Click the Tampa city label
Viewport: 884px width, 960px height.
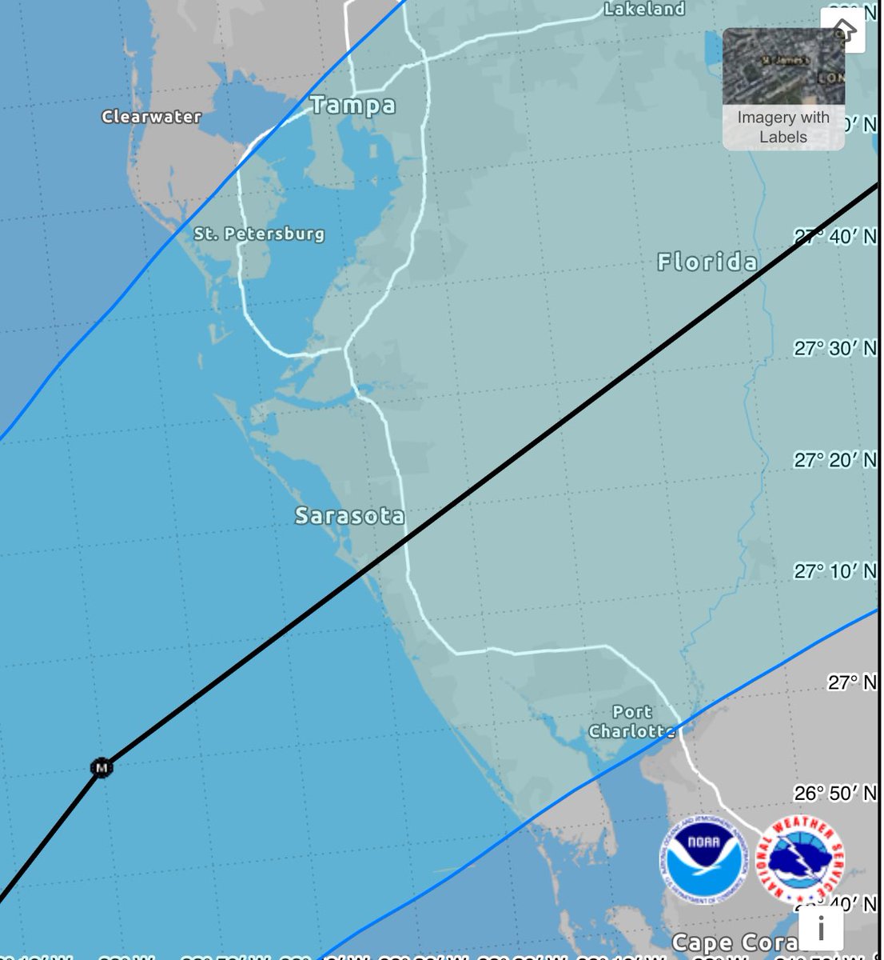[352, 105]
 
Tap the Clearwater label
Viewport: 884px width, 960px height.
[151, 117]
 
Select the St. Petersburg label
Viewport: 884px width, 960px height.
[259, 234]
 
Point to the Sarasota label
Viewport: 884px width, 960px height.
[349, 516]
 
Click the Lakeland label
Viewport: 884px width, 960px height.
[644, 10]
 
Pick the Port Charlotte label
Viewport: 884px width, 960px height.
[631, 722]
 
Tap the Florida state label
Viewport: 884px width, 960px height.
[707, 262]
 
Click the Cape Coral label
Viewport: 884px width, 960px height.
[734, 942]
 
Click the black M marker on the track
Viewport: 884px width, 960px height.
[101, 768]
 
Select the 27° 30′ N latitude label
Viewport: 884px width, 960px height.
[834, 348]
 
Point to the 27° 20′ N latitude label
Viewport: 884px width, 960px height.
[834, 459]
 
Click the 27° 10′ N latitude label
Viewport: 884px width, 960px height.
[834, 570]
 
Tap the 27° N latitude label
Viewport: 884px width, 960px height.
[851, 682]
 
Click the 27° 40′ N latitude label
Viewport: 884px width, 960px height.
[834, 237]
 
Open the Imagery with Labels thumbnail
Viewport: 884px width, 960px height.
[783, 89]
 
